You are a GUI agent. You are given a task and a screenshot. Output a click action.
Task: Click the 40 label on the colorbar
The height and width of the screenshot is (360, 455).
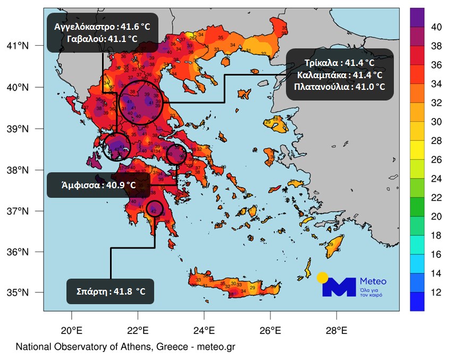(435, 26)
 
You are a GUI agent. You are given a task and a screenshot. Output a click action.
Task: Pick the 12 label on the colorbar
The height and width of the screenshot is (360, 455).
(435, 292)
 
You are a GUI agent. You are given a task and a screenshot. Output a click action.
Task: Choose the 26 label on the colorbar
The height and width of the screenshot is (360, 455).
(435, 160)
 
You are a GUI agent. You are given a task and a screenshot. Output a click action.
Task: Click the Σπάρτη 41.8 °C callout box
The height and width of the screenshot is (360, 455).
(111, 291)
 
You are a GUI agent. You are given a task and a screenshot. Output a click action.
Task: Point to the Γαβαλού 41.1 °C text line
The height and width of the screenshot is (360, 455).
(102, 39)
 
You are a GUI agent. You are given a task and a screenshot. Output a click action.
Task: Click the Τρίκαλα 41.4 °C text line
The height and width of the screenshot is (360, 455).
(340, 63)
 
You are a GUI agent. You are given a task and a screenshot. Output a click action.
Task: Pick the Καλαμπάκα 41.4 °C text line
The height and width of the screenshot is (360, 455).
(340, 74)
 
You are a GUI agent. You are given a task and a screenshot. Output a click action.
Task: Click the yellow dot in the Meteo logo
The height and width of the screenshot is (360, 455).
(322, 277)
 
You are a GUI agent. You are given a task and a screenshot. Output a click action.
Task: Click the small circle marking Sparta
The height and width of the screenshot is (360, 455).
(154, 208)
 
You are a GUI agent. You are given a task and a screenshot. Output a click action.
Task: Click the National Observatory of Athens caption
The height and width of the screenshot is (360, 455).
(125, 347)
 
